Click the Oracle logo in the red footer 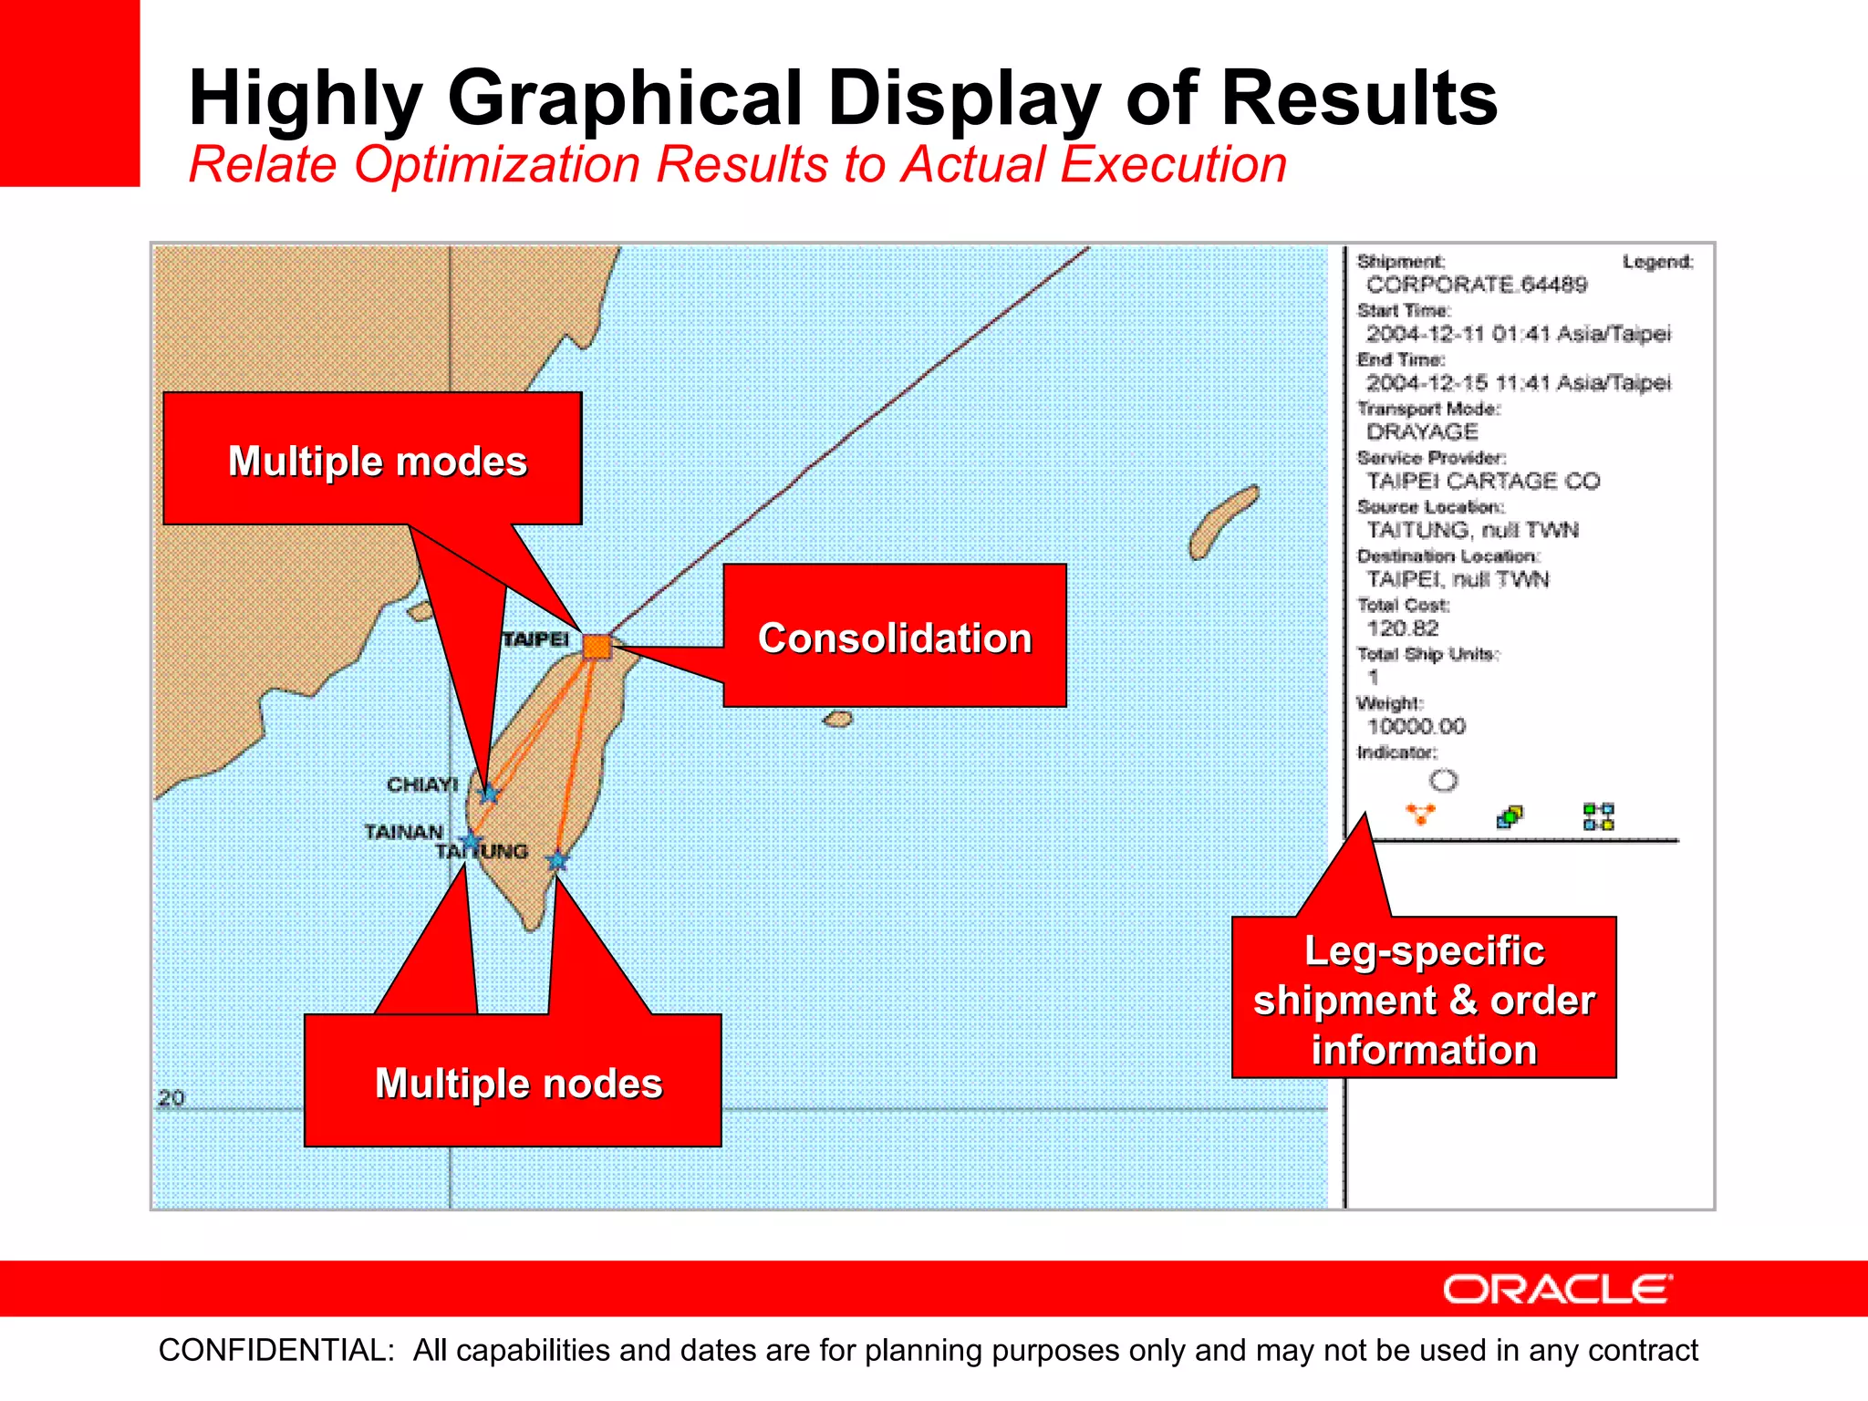(1557, 1290)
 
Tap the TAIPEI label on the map (535, 639)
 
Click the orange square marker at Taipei (597, 647)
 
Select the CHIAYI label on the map (422, 784)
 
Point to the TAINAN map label (403, 832)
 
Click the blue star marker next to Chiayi (490, 794)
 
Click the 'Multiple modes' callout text (377, 461)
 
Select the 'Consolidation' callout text (895, 638)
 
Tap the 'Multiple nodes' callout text (518, 1083)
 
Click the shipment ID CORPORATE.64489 (1476, 285)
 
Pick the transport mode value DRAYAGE (1421, 432)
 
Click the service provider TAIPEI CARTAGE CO (1482, 481)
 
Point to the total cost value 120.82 (1402, 628)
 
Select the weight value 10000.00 (1416, 727)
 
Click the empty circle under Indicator (1443, 781)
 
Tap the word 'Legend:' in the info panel (1657, 262)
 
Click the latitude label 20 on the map (171, 1098)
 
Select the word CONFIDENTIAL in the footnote (275, 1350)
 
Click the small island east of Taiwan (838, 720)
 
